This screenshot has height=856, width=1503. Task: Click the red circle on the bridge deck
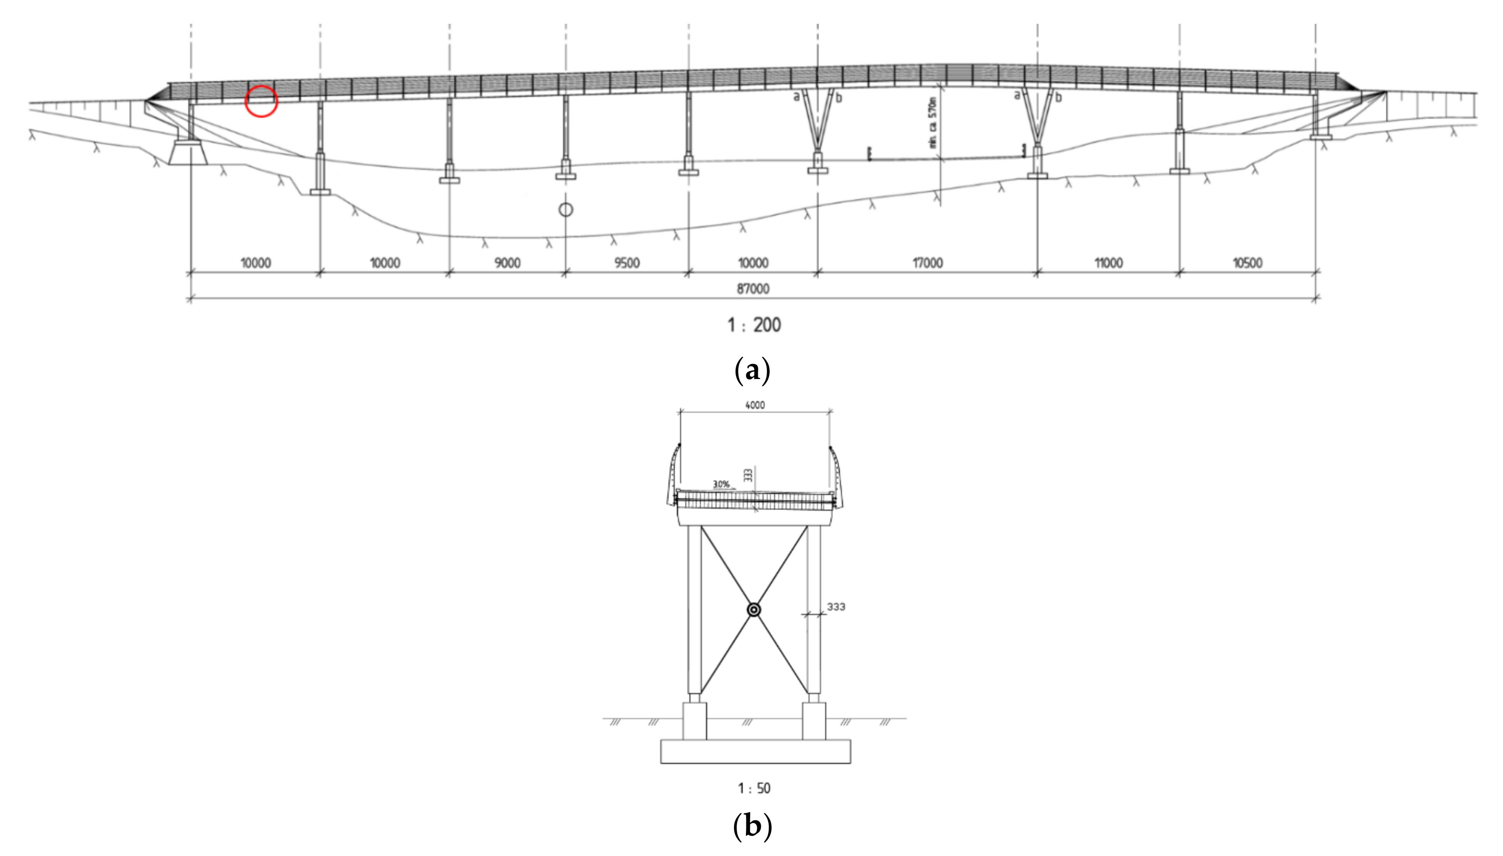(261, 101)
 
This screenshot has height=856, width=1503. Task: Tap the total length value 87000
(753, 289)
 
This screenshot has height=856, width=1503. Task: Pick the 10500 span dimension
(1247, 263)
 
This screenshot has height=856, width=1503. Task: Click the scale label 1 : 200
(754, 324)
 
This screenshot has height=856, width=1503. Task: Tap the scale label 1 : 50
(754, 788)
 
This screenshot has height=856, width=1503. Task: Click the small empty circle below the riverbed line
(565, 209)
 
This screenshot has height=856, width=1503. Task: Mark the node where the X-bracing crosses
(754, 610)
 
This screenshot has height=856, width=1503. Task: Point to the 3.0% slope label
(721, 484)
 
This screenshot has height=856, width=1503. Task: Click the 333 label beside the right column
(836, 607)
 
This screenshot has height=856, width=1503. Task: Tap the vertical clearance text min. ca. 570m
(932, 122)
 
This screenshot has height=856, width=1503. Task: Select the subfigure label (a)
(752, 371)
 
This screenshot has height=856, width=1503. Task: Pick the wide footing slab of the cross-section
(755, 751)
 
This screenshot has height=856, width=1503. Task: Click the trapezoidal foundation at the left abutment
(188, 153)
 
